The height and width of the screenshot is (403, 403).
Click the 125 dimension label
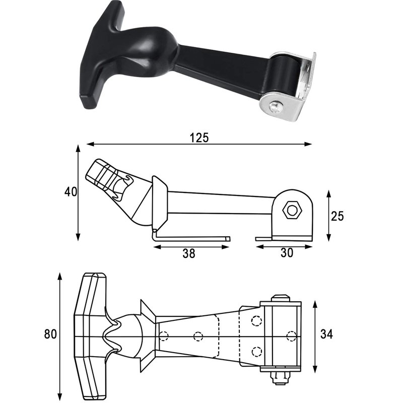[199, 138]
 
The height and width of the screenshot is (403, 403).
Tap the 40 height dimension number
[71, 192]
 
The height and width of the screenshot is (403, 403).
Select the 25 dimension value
[337, 216]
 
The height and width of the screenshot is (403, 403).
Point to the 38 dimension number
[189, 253]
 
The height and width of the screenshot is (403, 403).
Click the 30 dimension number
[287, 253]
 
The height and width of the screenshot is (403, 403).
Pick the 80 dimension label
[50, 334]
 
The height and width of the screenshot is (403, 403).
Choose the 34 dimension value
[326, 334]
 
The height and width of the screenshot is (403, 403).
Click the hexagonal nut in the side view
[292, 211]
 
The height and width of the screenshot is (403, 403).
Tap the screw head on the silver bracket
[275, 107]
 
